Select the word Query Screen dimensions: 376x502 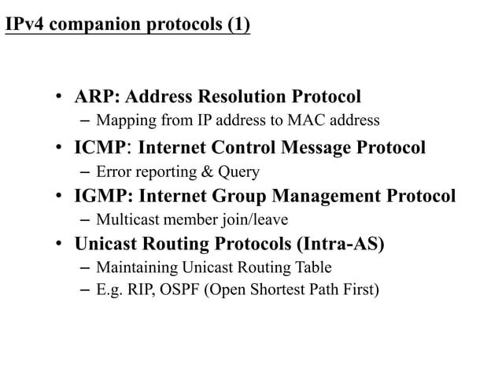point(237,171)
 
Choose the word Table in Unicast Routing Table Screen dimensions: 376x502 point(312,267)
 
